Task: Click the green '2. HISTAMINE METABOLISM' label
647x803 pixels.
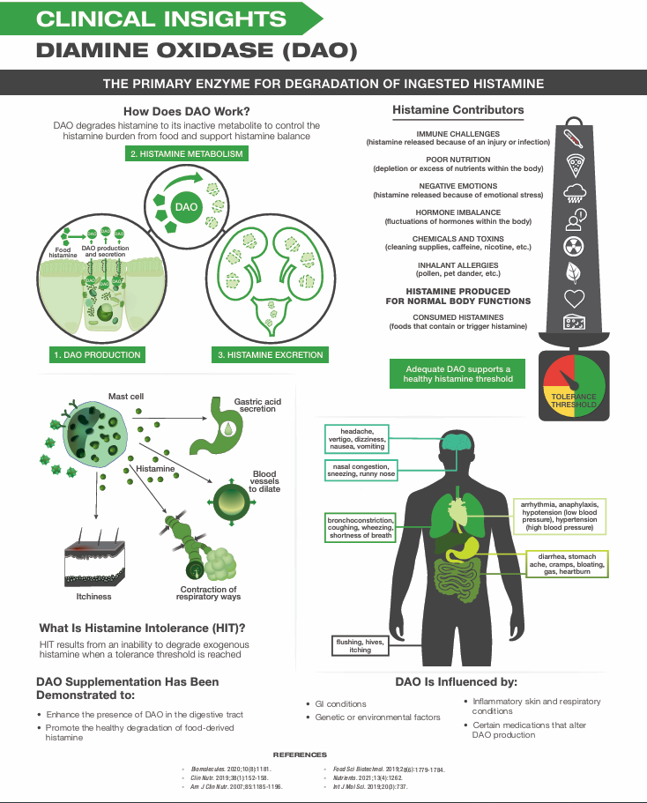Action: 185,153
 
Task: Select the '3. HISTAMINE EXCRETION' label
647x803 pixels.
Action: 270,355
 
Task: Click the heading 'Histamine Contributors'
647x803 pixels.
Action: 457,111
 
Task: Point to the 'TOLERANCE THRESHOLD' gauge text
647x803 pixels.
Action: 574,401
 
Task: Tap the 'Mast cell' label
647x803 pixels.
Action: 125,397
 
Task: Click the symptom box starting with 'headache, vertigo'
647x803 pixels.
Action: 357,438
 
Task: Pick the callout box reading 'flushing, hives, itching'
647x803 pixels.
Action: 360,646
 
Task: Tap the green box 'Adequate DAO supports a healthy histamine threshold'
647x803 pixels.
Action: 457,373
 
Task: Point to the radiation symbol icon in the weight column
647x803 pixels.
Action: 574,246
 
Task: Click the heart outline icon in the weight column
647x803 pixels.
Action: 574,297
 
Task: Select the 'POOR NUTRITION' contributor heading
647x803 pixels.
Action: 457,160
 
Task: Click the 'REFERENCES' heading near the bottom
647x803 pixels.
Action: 300,755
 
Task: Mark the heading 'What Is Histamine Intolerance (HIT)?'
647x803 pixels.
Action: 142,628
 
